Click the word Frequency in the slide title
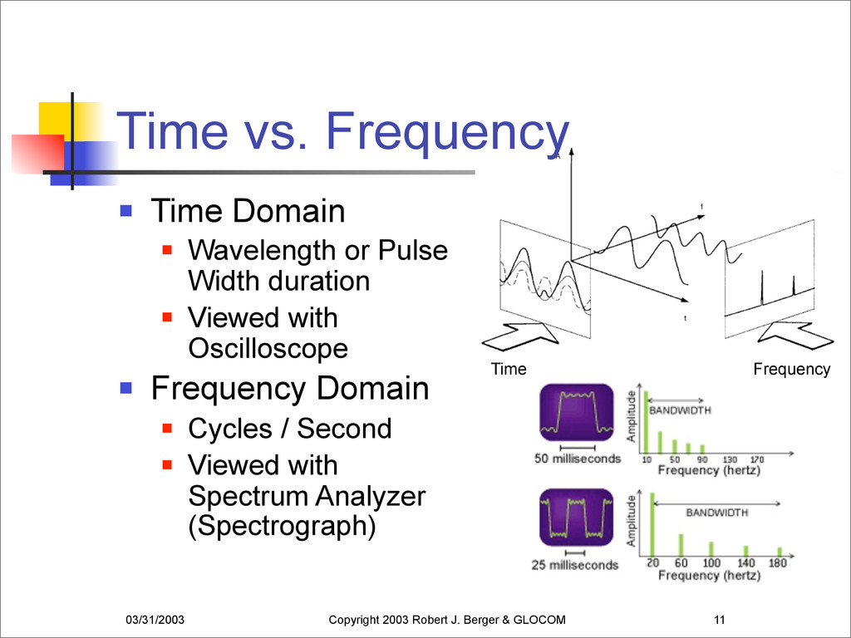(x=447, y=132)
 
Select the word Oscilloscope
(x=268, y=348)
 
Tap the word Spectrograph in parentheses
(x=283, y=526)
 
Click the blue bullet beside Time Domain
(x=126, y=210)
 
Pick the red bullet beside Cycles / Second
(x=167, y=429)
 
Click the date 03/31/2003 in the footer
(x=155, y=620)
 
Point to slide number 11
(x=720, y=620)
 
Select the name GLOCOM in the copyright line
(x=539, y=620)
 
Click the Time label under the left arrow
(x=509, y=369)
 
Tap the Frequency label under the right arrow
(x=792, y=370)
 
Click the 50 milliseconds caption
(x=578, y=459)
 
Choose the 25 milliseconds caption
(x=575, y=565)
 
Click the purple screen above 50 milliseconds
(x=577, y=412)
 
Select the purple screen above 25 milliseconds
(x=577, y=517)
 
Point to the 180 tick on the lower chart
(x=777, y=563)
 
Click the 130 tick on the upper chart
(x=730, y=459)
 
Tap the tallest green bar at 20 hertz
(x=652, y=524)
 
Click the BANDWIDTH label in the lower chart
(x=716, y=513)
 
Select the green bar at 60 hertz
(x=681, y=545)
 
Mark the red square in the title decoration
(x=38, y=154)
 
